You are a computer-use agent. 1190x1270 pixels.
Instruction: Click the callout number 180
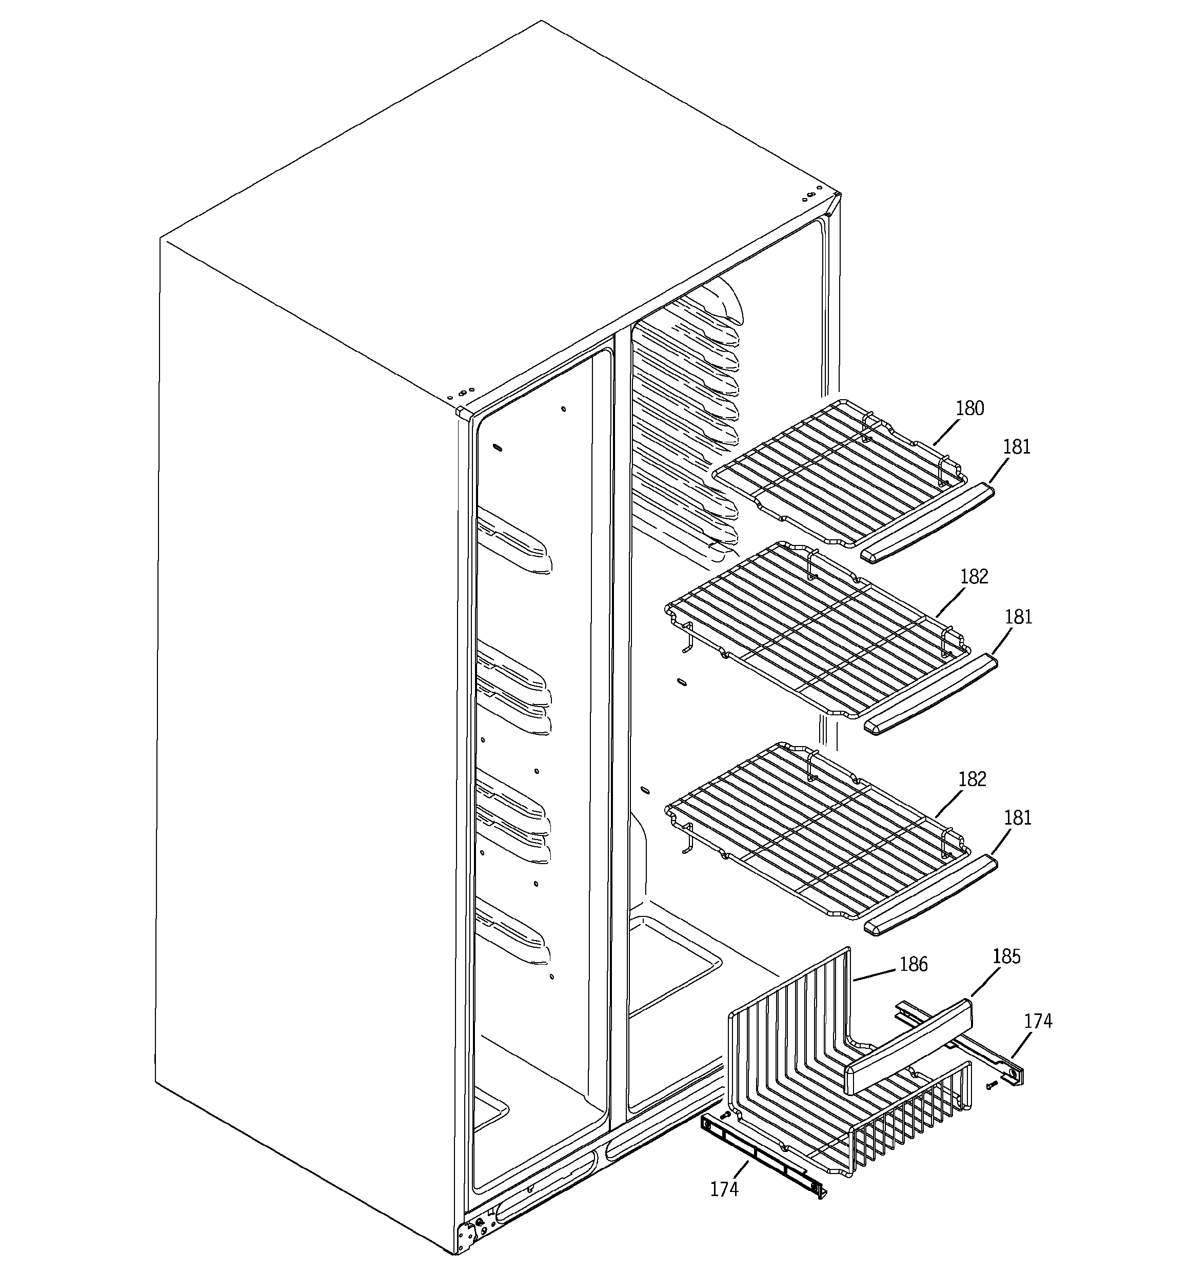[x=969, y=409]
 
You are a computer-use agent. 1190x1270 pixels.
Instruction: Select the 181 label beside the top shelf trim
[x=1016, y=447]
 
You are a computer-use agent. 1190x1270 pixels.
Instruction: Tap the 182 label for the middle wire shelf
[x=974, y=577]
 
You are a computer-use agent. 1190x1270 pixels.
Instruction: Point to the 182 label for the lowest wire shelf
[x=971, y=779]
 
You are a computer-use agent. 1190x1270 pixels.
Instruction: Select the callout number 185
[x=1006, y=957]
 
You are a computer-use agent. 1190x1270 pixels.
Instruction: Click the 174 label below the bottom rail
[x=724, y=1189]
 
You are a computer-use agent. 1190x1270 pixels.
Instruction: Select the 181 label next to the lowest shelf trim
[x=1018, y=818]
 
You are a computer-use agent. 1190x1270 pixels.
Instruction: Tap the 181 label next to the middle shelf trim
[x=1018, y=617]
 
